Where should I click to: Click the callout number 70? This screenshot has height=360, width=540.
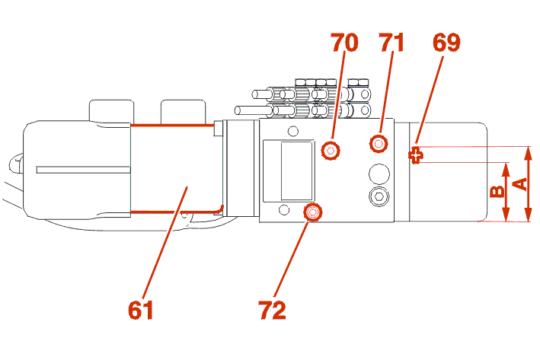click(344, 43)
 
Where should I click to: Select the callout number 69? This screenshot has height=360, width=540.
click(446, 43)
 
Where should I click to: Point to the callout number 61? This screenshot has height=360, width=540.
click(142, 310)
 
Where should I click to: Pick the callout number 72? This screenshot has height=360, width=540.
click(272, 310)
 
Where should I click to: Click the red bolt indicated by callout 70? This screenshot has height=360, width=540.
click(331, 151)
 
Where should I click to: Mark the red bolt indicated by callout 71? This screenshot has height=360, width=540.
click(378, 142)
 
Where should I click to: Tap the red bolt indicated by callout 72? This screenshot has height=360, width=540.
click(312, 212)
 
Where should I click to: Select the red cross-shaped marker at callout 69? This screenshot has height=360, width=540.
click(417, 156)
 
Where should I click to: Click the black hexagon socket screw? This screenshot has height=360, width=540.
click(378, 198)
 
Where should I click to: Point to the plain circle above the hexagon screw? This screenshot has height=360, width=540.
click(378, 173)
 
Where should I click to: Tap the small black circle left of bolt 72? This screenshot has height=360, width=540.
click(284, 210)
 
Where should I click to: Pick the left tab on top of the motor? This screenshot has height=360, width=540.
click(111, 110)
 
